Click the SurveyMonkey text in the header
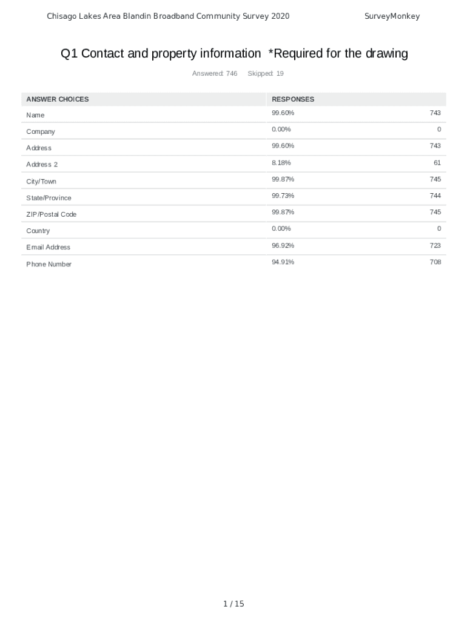point(392,16)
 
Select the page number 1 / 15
point(233,604)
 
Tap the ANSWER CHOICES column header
point(58,99)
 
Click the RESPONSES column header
point(293,99)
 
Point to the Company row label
point(41,131)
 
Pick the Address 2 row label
point(42,165)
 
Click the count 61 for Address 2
point(437,162)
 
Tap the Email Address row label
point(49,247)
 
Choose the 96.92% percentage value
point(283,245)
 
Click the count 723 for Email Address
point(435,245)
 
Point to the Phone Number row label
point(49,264)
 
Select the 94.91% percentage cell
point(283,262)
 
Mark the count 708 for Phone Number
point(435,262)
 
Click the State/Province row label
point(49,198)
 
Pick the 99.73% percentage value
point(283,196)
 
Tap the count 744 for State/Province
point(435,196)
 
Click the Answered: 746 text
point(215,74)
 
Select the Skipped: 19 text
point(266,74)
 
